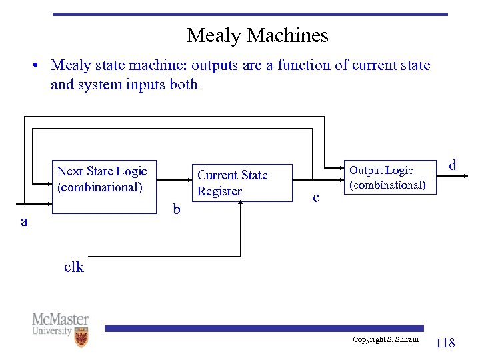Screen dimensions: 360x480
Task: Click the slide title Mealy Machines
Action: (x=257, y=35)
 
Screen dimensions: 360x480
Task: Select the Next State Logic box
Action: (x=103, y=187)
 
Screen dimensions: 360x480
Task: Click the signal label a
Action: (x=24, y=222)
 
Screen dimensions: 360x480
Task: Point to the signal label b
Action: (x=176, y=210)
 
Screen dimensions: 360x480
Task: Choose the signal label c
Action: (x=316, y=197)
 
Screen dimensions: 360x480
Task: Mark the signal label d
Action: (x=453, y=165)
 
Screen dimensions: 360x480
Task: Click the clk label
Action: (x=74, y=267)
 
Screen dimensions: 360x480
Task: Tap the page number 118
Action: (x=445, y=343)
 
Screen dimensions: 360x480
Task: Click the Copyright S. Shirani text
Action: (x=385, y=340)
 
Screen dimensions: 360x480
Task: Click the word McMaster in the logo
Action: (x=60, y=319)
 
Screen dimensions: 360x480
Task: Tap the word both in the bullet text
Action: (x=184, y=85)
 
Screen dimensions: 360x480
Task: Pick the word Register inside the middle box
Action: (x=219, y=191)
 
